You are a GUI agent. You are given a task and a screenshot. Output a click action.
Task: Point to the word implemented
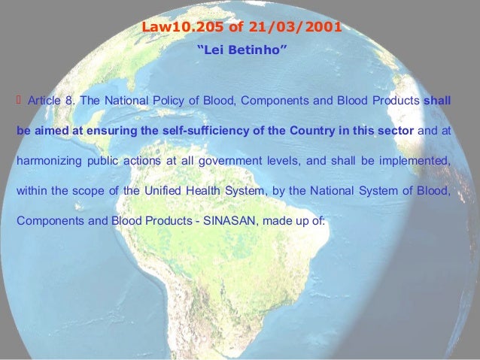click(x=417, y=161)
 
